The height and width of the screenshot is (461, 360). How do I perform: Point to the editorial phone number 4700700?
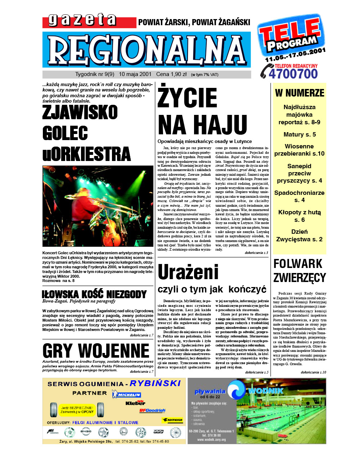tap(293, 74)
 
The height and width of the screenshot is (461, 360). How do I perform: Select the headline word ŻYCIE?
tap(187, 98)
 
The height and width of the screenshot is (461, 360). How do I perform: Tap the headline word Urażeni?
tap(188, 272)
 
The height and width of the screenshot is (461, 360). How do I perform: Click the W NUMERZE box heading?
tap(300, 93)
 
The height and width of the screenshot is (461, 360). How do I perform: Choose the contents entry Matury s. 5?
tap(300, 134)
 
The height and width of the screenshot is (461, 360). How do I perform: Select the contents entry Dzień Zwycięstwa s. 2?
tap(300, 236)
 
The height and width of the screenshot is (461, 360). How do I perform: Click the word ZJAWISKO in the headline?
tap(80, 112)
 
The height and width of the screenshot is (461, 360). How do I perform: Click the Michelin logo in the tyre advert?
tap(126, 395)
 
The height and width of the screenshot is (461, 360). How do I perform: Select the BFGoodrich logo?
tap(152, 410)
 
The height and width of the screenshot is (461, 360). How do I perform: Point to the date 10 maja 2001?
tap(135, 74)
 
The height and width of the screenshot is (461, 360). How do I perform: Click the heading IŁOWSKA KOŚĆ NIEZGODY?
tap(94, 294)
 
